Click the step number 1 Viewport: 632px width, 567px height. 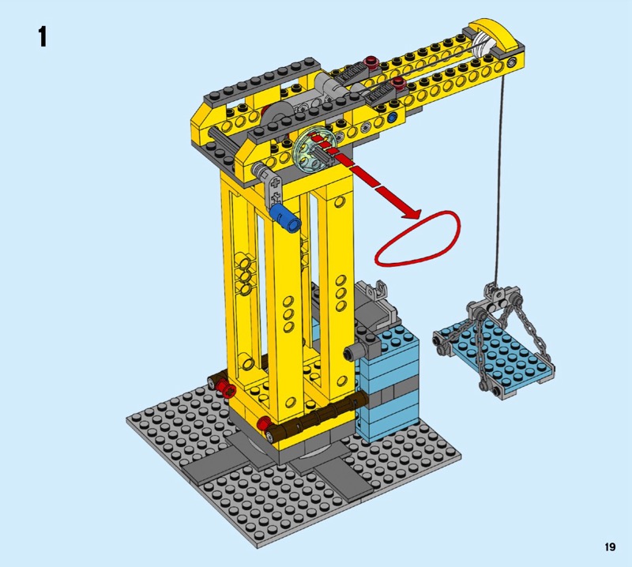pos(43,37)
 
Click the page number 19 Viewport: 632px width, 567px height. pos(610,546)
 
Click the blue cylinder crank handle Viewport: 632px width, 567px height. pos(285,218)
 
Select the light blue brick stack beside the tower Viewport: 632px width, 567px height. pos(388,384)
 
